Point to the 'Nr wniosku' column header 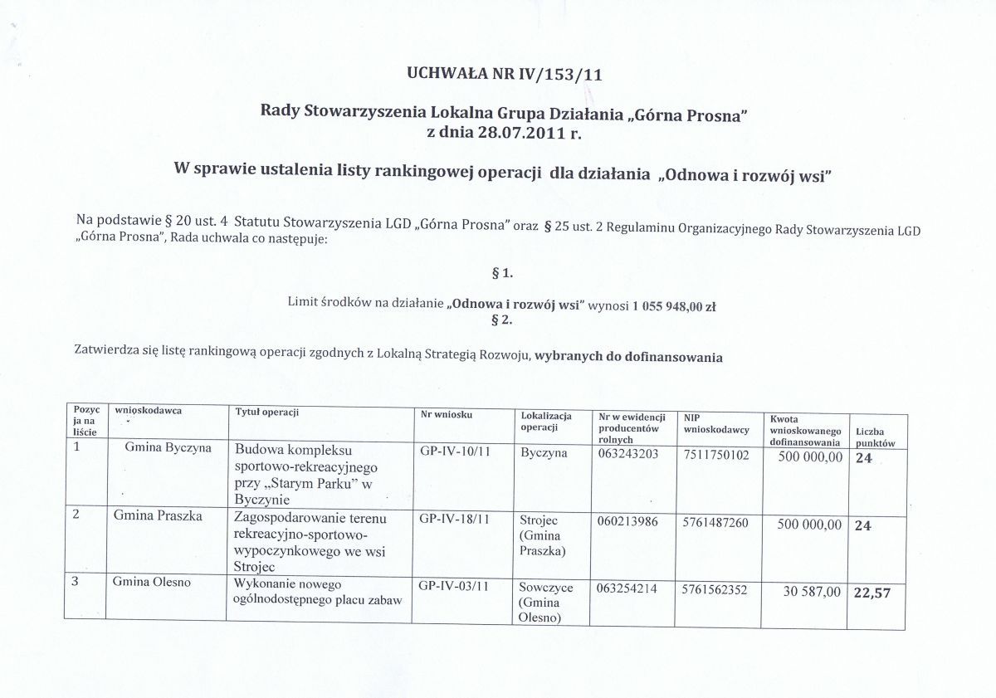447,413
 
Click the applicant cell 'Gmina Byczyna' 168,448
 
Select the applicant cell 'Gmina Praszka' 159,515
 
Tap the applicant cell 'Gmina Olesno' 153,582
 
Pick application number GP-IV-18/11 455,520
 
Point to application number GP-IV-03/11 455,587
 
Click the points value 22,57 872,593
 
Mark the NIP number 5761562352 715,588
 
